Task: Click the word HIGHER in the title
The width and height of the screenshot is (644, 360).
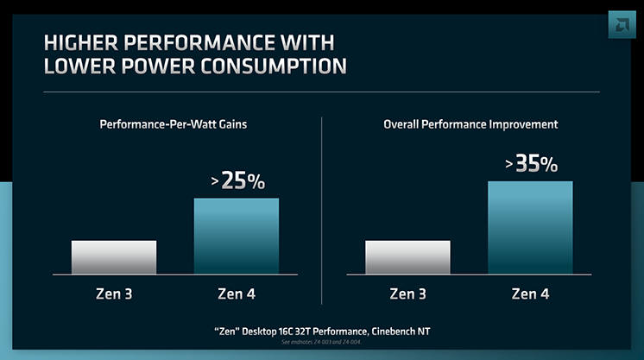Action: (x=84, y=42)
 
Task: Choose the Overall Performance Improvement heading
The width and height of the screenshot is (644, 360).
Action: (x=470, y=124)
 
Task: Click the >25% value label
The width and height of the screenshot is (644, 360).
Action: (x=237, y=181)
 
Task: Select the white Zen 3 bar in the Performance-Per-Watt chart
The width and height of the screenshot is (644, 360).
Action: (x=114, y=256)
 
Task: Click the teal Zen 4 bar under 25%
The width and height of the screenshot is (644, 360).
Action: (x=237, y=236)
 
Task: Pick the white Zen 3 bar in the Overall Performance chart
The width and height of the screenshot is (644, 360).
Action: (x=407, y=256)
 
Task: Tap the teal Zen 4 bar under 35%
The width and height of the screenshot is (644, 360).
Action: (x=530, y=227)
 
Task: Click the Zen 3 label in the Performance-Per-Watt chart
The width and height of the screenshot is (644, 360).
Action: (x=114, y=294)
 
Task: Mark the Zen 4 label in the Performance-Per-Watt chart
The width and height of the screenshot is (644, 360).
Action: (x=237, y=294)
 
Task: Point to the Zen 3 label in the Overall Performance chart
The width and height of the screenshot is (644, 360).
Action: (x=407, y=294)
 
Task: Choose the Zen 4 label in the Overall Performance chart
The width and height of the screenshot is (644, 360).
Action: (x=530, y=294)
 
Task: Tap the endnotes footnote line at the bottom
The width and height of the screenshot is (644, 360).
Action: (x=322, y=343)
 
